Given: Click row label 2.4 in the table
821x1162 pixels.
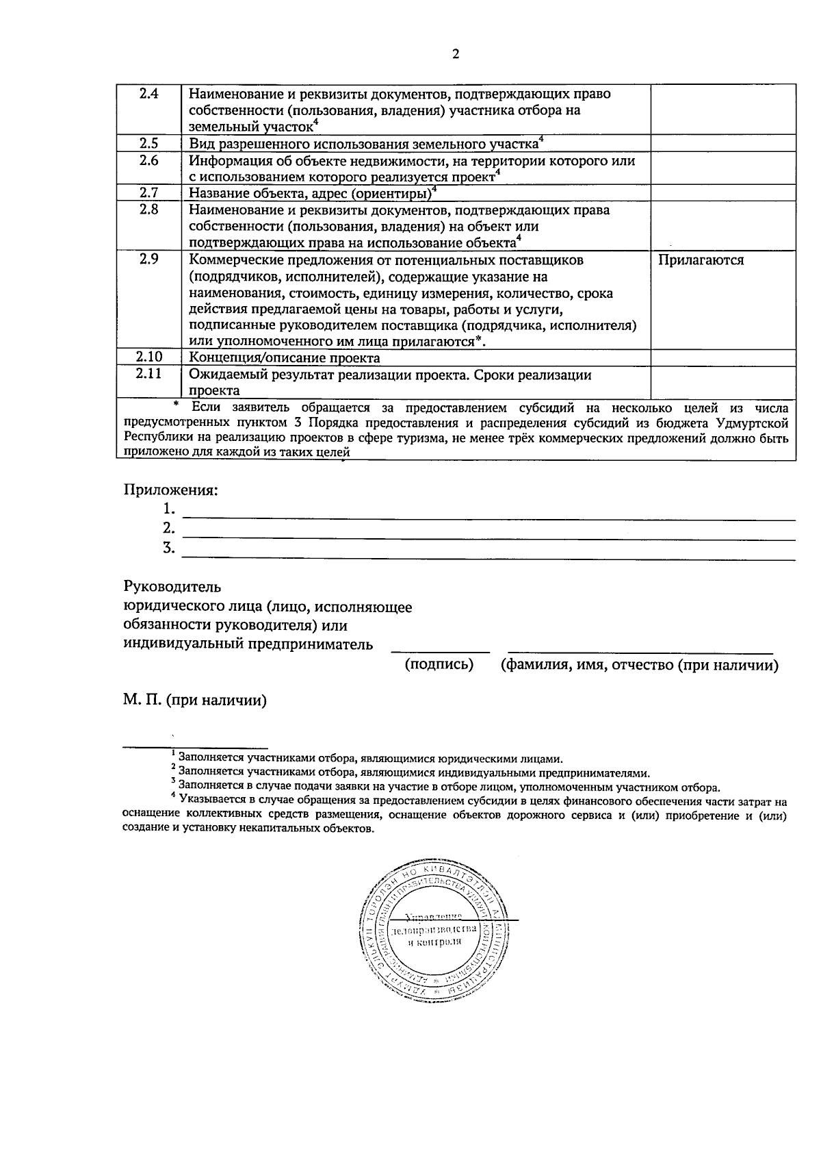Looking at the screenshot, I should [148, 94].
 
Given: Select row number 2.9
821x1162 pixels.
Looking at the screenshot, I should [148, 260].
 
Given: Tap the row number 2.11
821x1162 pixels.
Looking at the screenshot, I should [148, 374].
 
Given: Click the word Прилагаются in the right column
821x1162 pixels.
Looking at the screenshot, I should [701, 260].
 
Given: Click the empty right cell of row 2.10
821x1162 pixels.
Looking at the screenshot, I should [722, 357].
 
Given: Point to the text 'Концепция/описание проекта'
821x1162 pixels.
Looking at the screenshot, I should [284, 358].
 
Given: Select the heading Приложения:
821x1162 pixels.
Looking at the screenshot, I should [170, 490].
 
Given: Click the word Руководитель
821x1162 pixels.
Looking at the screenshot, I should [172, 587].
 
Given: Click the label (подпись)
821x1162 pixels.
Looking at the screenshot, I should [439, 665].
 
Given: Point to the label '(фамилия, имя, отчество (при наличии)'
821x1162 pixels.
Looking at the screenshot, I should [640, 665].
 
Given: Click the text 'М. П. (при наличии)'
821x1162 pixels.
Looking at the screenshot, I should [195, 700].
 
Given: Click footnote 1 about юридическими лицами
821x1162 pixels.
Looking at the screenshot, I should [369, 759].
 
